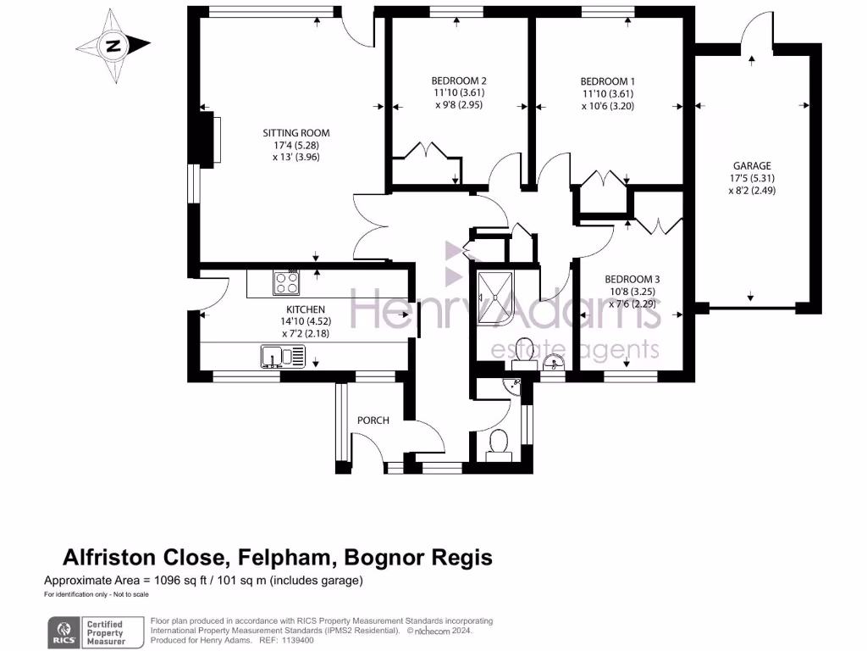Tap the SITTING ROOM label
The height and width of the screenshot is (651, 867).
[295, 133]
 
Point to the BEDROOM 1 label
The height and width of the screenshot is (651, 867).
[607, 81]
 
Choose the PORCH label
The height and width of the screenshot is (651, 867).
[373, 420]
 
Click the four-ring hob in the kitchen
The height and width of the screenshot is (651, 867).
[286, 281]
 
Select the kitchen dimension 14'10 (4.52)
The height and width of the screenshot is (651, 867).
[304, 322]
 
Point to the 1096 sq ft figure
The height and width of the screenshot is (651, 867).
[186, 581]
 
